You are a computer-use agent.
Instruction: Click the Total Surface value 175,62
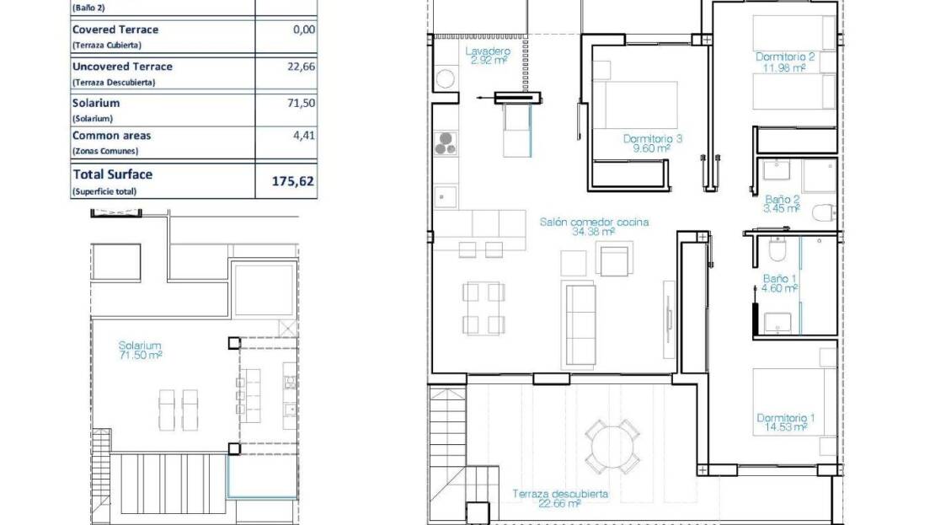293,181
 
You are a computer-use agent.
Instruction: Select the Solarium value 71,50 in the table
301,103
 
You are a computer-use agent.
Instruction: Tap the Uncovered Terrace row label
122,67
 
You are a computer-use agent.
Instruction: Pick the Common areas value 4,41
304,136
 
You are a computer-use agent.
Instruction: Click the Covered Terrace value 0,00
304,29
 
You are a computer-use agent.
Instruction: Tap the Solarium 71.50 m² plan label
140,351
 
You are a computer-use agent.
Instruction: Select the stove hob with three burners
446,144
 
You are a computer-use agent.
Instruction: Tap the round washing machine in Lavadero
445,78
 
